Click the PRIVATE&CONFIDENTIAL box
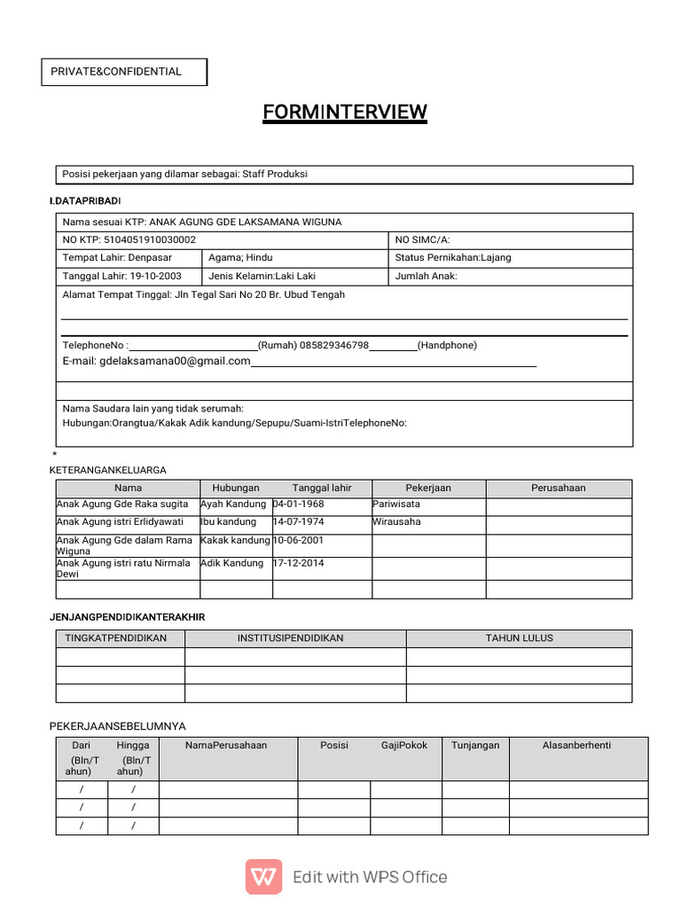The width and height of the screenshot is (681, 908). (x=124, y=72)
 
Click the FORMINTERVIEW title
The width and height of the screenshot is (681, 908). (x=345, y=112)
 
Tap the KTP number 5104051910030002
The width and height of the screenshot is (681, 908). (x=150, y=239)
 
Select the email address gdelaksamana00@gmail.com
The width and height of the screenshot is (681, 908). (x=175, y=361)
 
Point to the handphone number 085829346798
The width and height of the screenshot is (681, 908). (x=334, y=345)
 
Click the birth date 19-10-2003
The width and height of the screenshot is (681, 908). (x=155, y=276)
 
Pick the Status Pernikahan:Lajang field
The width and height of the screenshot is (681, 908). (x=453, y=258)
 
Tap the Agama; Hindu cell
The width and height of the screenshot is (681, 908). (x=241, y=258)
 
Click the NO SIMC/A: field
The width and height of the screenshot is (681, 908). (x=423, y=239)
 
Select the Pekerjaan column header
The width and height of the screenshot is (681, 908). (x=428, y=488)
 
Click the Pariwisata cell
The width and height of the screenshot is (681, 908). (x=396, y=504)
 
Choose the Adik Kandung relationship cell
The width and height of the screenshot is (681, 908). (x=231, y=563)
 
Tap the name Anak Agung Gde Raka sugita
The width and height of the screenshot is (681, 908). (x=122, y=504)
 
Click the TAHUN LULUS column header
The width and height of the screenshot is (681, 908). (x=519, y=638)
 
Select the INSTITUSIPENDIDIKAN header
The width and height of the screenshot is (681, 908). (x=290, y=638)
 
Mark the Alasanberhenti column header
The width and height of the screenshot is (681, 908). (x=576, y=745)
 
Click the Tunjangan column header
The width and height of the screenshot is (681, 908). (x=475, y=745)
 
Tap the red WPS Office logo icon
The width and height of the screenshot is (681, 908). (x=263, y=877)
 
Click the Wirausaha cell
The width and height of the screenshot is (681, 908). (x=396, y=521)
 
